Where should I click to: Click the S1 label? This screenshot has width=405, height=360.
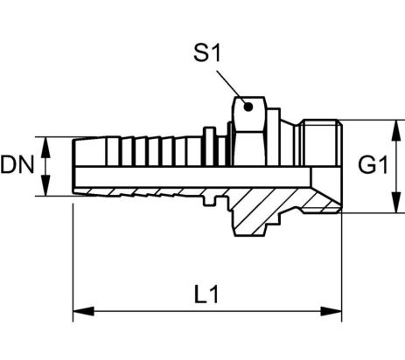(x=207, y=52)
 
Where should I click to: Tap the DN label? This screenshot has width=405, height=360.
(x=17, y=165)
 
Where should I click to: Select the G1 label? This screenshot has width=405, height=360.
(x=373, y=165)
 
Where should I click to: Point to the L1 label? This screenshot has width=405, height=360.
(x=206, y=294)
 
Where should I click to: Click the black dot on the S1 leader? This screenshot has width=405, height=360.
(x=248, y=107)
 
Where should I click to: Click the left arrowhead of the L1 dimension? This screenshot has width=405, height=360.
(x=83, y=311)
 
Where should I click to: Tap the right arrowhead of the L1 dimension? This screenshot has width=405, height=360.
(x=331, y=311)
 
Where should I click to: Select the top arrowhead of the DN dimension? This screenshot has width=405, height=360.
(x=45, y=148)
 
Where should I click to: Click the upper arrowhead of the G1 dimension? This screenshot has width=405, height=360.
(x=396, y=130)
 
